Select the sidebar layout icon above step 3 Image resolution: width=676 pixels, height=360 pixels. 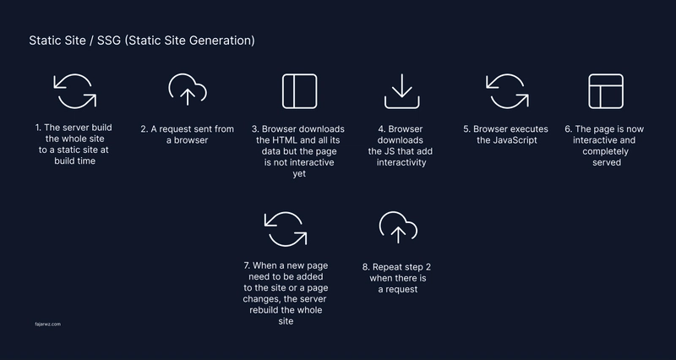[x=300, y=74]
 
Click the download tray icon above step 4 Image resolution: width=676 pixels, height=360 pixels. [x=402, y=108]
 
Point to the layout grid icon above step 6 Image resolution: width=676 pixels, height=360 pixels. [x=606, y=74]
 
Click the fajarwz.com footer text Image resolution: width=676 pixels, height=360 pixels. [x=48, y=325]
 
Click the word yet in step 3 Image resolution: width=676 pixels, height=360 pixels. [x=299, y=174]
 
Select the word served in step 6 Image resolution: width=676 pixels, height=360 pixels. [x=607, y=162]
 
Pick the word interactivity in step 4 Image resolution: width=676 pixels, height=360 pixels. [x=401, y=162]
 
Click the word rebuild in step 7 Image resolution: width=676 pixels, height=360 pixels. [x=264, y=310]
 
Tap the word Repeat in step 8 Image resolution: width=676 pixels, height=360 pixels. [x=387, y=267]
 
